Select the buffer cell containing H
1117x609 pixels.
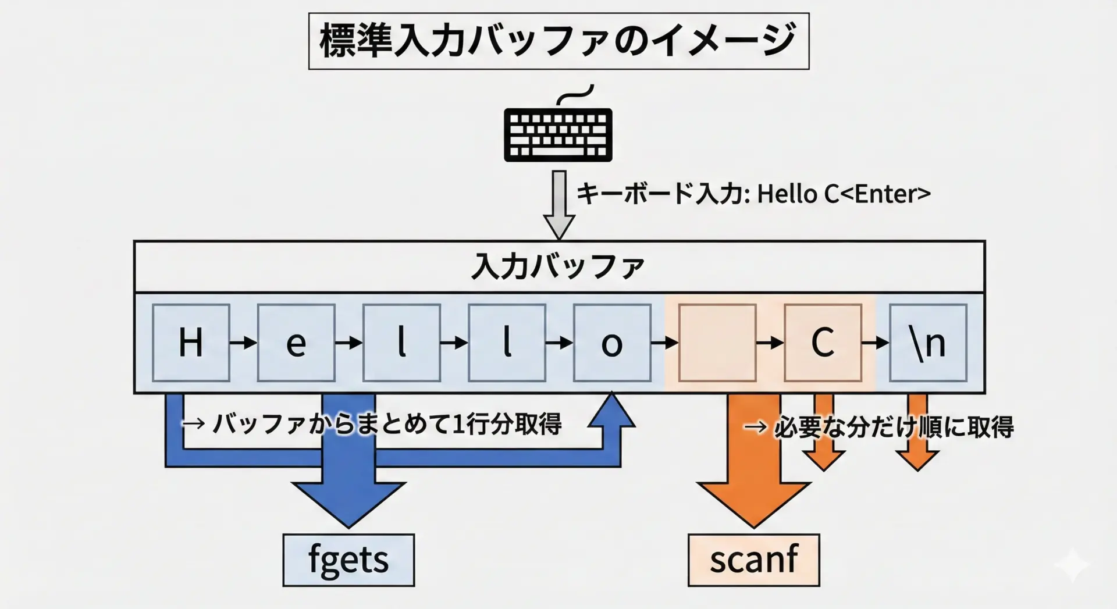tap(191, 343)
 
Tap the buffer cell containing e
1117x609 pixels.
tap(296, 343)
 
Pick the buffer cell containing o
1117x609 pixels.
tap(612, 343)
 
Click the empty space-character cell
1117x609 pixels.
tap(717, 343)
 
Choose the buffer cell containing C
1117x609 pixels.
tap(823, 343)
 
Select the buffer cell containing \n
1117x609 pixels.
tap(928, 343)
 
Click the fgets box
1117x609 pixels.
tap(348, 560)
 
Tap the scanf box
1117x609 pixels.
tap(753, 560)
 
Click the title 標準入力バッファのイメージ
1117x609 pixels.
tap(558, 41)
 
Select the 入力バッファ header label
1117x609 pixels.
tap(558, 267)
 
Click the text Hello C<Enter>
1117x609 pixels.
tap(844, 194)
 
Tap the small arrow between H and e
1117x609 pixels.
tap(243, 343)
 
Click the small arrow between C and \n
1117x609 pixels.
tap(875, 343)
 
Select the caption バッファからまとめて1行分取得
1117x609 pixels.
tap(387, 424)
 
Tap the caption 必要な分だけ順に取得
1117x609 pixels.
tap(894, 428)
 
